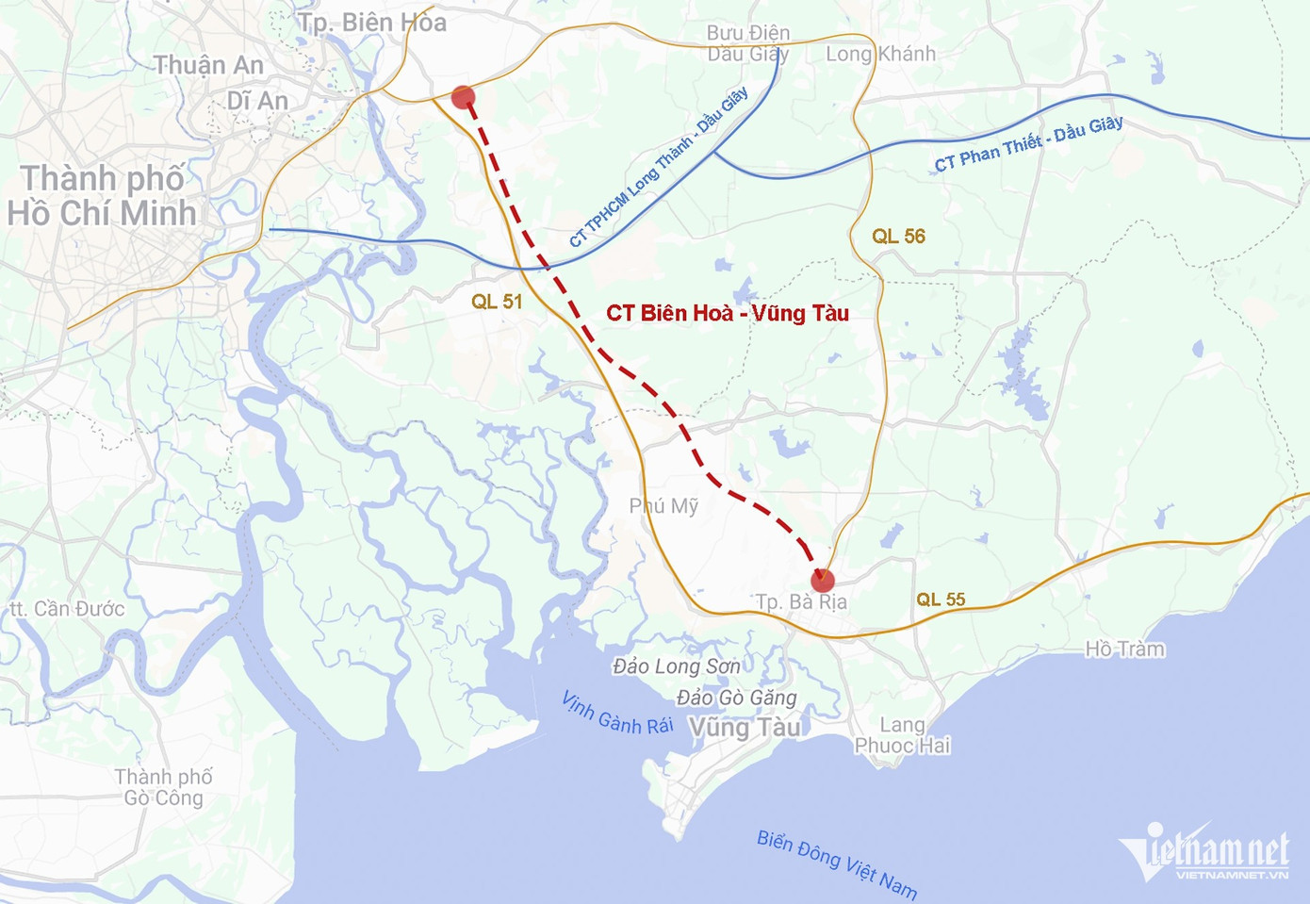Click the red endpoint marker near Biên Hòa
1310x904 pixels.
tap(463, 97)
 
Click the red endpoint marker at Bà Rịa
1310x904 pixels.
tap(822, 580)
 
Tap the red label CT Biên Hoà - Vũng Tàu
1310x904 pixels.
tap(727, 313)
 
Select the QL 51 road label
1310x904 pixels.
tap(497, 302)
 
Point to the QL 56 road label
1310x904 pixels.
tap(898, 237)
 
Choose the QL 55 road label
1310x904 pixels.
tap(941, 600)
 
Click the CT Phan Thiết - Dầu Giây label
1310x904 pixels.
tap(1028, 143)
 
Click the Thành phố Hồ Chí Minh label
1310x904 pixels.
tap(102, 196)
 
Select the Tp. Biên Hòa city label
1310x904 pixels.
tap(372, 23)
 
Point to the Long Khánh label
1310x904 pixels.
tap(880, 54)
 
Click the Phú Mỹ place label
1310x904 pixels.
tap(663, 506)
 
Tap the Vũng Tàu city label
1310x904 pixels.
tap(745, 728)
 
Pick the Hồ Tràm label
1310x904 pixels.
tap(1124, 649)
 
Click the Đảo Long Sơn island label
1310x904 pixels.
tap(676, 666)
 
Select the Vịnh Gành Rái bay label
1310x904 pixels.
tap(616, 713)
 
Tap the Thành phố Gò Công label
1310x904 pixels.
tap(164, 787)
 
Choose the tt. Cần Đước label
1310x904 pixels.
tap(67, 609)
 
